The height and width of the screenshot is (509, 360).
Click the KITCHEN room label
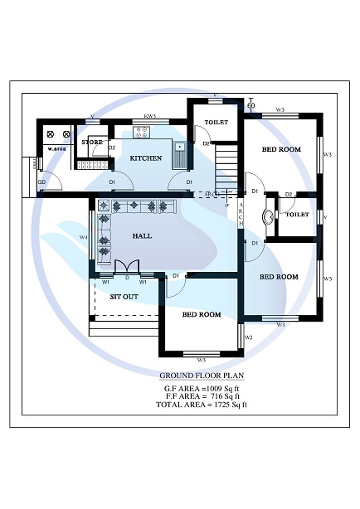pyautogui.click(x=145, y=158)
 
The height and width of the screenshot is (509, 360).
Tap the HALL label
pyautogui.click(x=142, y=236)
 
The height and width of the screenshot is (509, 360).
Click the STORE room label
pyautogui.click(x=92, y=143)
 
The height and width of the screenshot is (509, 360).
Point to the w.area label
pyautogui.click(x=56, y=149)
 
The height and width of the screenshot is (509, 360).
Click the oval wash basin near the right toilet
pyautogui.click(x=268, y=218)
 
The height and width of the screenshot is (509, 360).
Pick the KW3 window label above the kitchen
pyautogui.click(x=150, y=117)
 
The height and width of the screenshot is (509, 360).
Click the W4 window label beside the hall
pyautogui.click(x=83, y=238)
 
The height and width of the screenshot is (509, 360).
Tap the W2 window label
pyautogui.click(x=248, y=337)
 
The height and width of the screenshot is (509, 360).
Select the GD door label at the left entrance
pyautogui.click(x=41, y=181)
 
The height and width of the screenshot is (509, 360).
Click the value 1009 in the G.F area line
pyautogui.click(x=211, y=386)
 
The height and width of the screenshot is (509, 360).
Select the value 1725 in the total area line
pyautogui.click(x=214, y=404)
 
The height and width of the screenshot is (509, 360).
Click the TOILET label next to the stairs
pyautogui.click(x=216, y=123)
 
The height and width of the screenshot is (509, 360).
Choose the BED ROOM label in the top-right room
pyautogui.click(x=281, y=149)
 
